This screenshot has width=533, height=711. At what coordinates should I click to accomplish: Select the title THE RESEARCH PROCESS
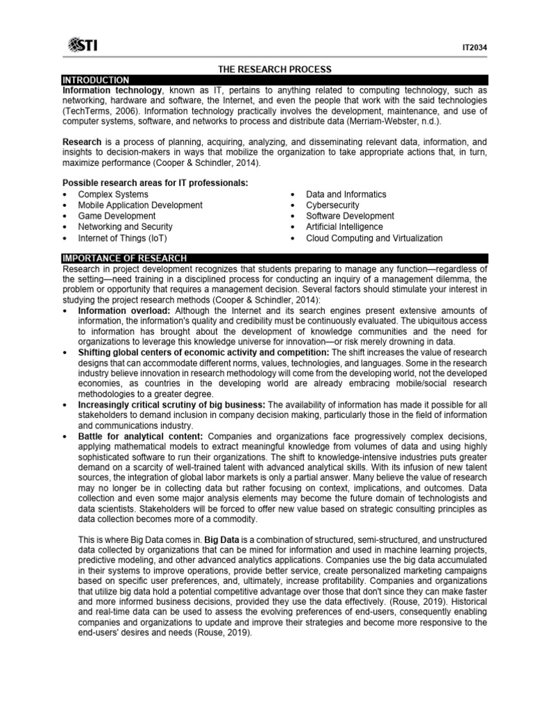click(275, 69)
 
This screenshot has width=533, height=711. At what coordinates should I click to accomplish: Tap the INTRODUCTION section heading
click(95, 81)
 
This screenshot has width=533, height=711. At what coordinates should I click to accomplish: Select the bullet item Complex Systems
click(112, 194)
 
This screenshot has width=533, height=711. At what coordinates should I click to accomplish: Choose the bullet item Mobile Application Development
click(140, 206)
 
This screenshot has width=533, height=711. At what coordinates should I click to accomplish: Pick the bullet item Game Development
click(117, 216)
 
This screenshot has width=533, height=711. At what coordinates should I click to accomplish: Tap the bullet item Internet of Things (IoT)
click(122, 238)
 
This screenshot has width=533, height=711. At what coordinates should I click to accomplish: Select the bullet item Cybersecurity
click(332, 206)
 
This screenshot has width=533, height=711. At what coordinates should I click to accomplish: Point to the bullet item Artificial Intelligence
click(344, 227)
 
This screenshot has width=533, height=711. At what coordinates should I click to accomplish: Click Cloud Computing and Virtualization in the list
click(373, 238)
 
